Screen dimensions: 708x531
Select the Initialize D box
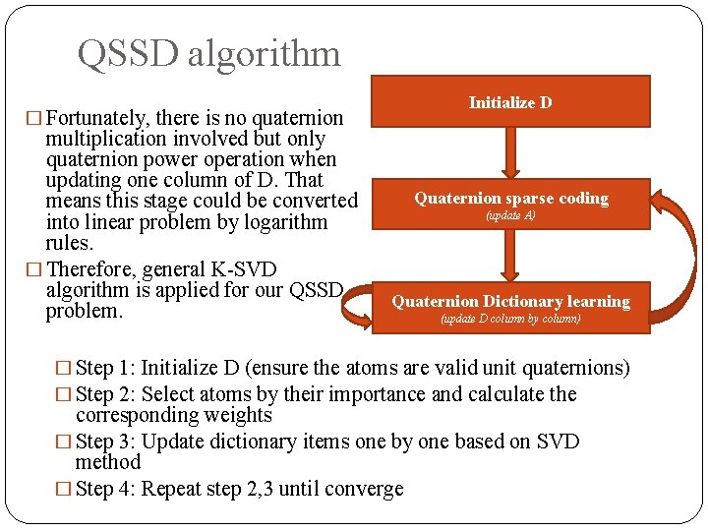pos(510,102)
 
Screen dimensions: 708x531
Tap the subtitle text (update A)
pos(510,215)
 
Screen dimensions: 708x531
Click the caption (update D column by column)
pos(510,319)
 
